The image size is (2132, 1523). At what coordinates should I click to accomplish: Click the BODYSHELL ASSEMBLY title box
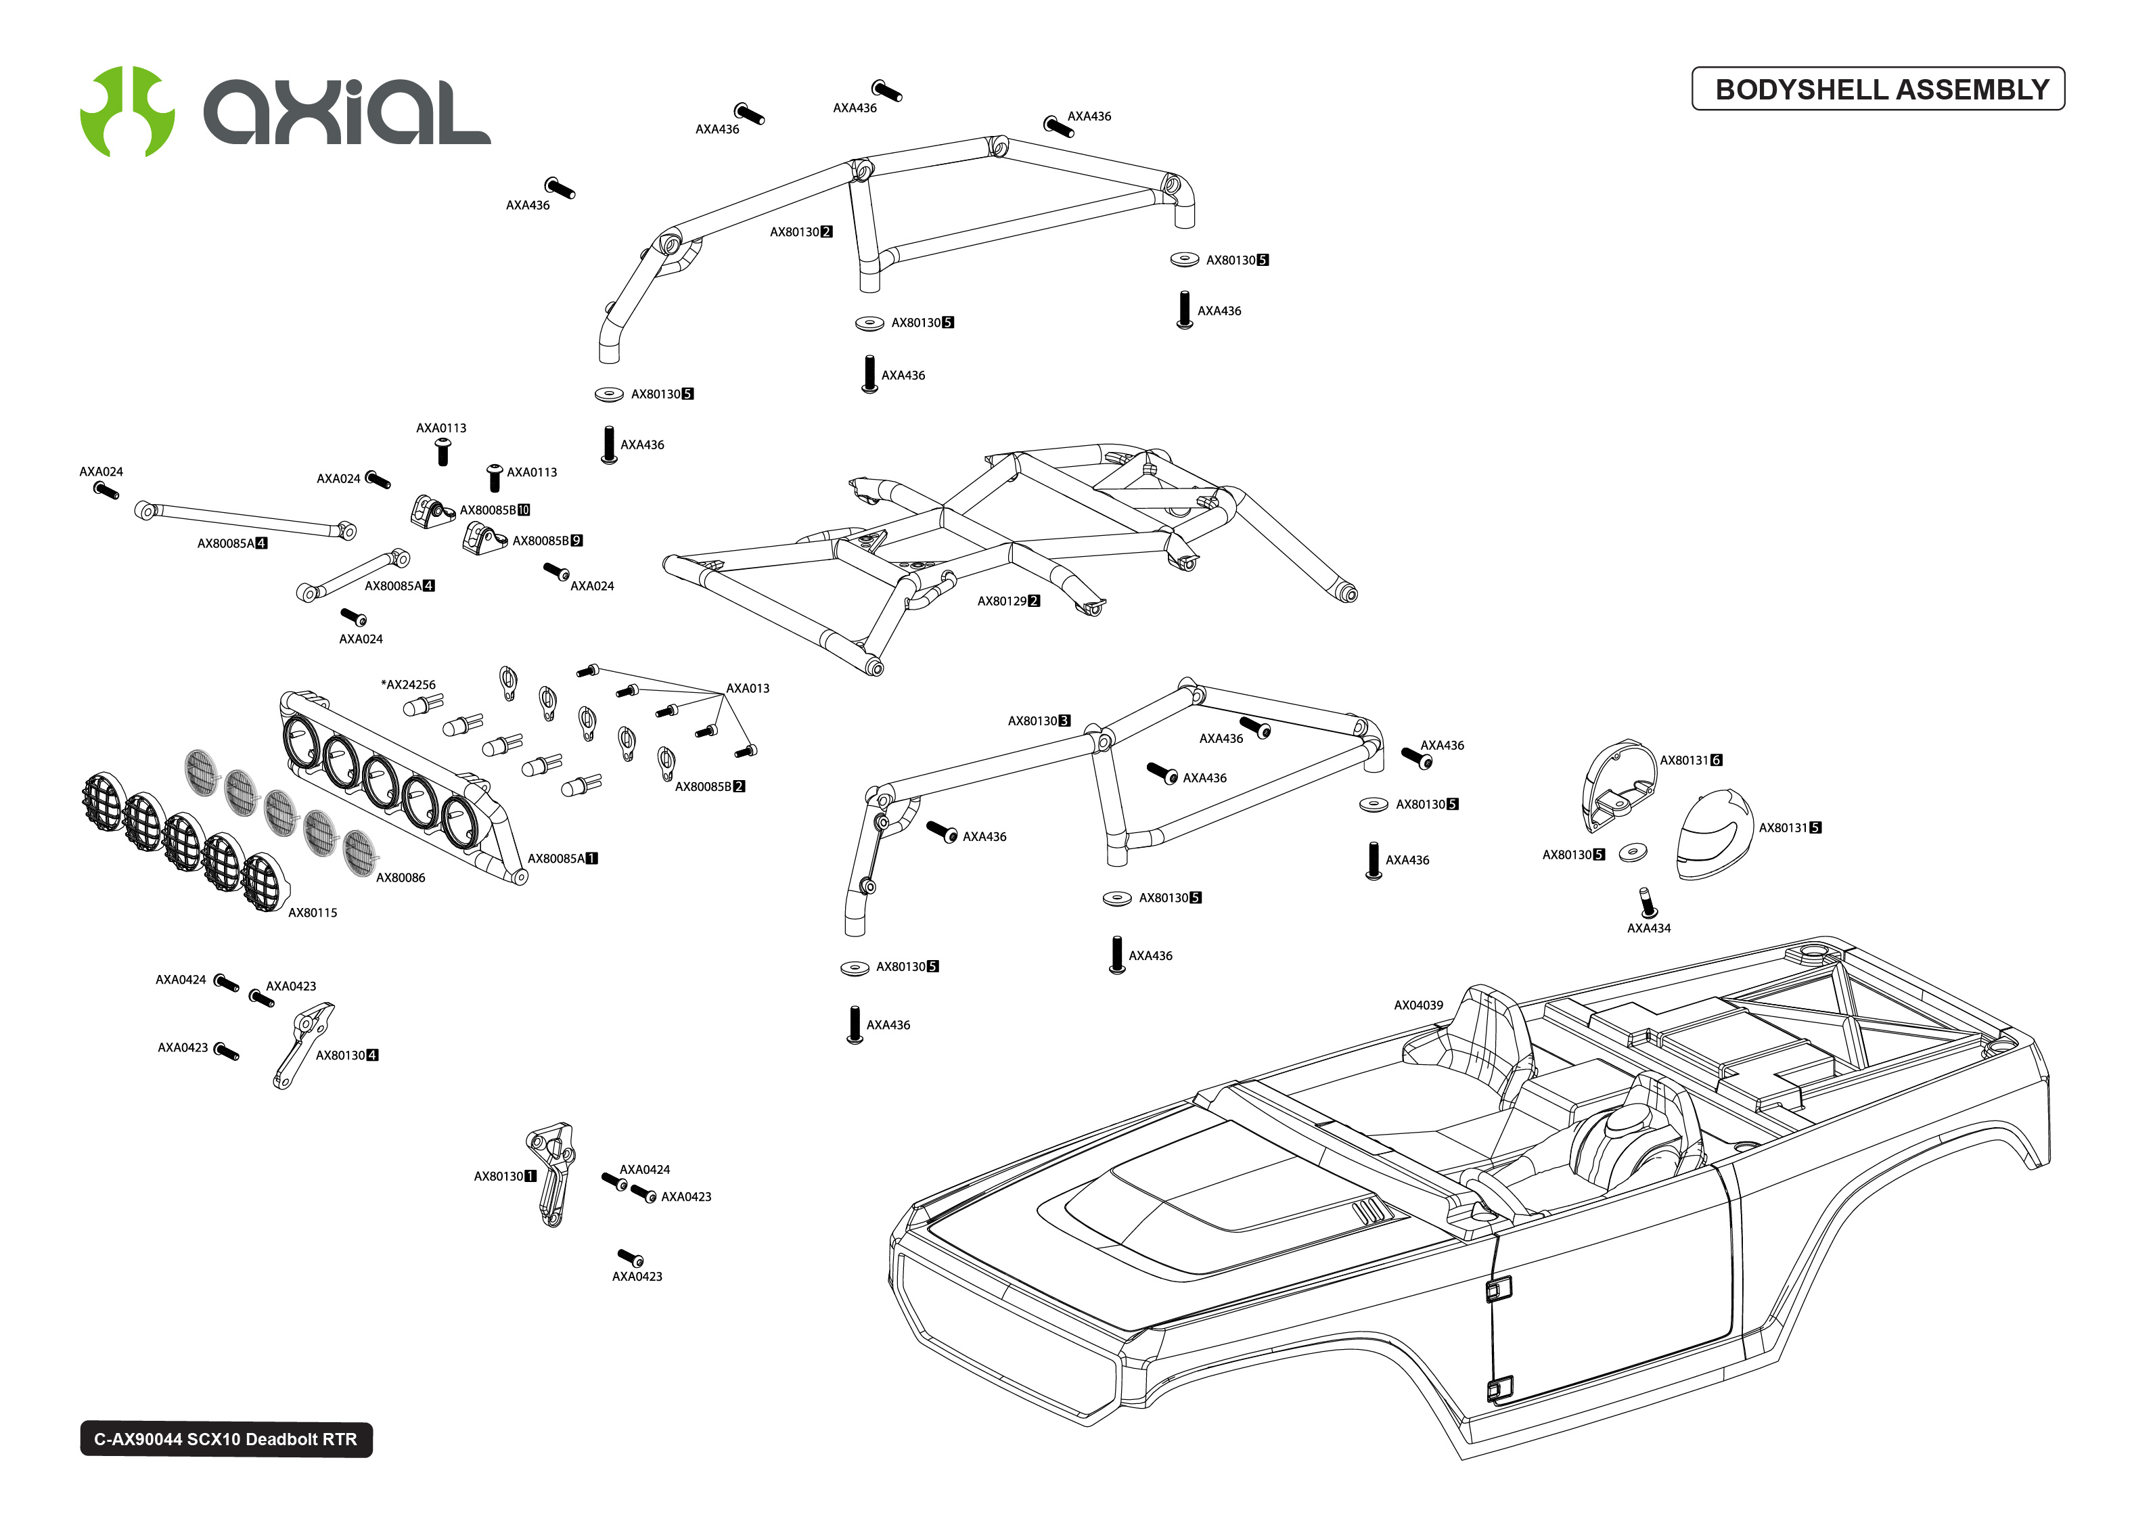[1877, 89]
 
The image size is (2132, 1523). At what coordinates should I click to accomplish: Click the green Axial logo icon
[127, 112]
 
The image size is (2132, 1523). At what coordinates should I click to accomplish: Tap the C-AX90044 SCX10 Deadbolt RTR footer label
[226, 1438]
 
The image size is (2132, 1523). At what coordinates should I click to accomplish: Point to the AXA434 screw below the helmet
[1648, 902]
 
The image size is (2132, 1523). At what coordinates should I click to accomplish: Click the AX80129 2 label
[1008, 601]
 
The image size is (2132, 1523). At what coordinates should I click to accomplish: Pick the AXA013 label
[747, 688]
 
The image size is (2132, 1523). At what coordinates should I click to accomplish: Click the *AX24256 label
[408, 685]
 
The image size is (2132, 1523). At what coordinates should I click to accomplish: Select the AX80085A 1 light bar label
[562, 858]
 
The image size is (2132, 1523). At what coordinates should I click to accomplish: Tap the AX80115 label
[312, 913]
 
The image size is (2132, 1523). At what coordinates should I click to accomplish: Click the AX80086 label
[401, 878]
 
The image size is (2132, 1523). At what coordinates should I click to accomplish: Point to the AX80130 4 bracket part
[302, 1045]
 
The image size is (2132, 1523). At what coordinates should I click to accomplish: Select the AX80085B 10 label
[494, 510]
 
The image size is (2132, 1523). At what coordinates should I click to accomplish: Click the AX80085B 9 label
[547, 541]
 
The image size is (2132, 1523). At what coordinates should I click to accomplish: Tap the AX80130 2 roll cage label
[800, 231]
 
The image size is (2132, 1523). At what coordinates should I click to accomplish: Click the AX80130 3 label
[1038, 721]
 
